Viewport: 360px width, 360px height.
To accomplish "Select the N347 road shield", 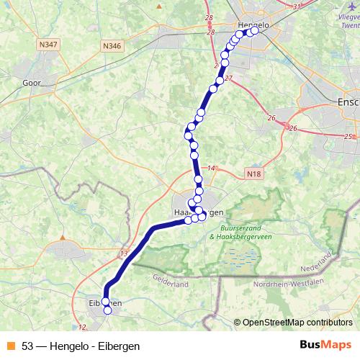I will [49, 45].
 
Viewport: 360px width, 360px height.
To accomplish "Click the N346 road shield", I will [112, 46].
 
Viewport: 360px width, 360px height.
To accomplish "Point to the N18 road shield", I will [252, 174].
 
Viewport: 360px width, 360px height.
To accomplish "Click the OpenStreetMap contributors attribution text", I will [297, 322].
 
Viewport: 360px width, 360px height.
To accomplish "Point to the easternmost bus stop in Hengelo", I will [254, 31].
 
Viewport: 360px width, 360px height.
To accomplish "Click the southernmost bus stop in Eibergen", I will [108, 310].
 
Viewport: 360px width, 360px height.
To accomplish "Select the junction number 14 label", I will [211, 168].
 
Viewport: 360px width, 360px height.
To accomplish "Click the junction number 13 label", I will [123, 253].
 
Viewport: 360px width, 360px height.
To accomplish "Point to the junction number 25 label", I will [349, 136].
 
